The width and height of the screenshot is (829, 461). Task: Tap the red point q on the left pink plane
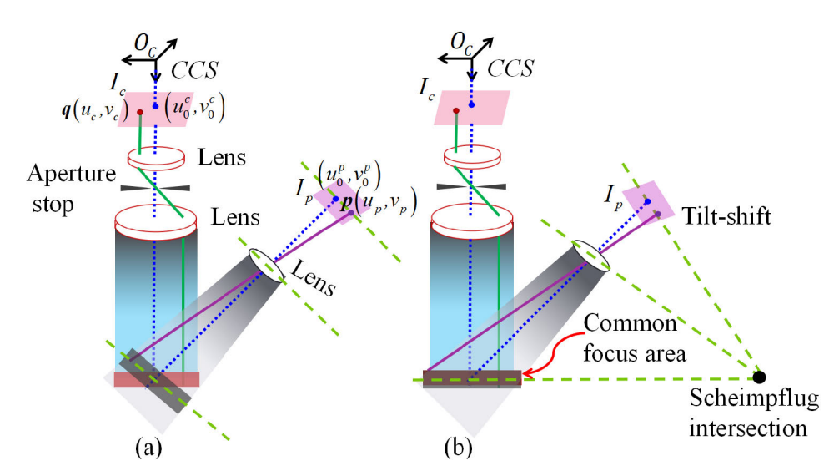tap(139, 112)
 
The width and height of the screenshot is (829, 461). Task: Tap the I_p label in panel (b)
tap(615, 198)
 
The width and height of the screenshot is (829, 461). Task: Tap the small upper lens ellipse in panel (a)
tap(155, 155)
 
